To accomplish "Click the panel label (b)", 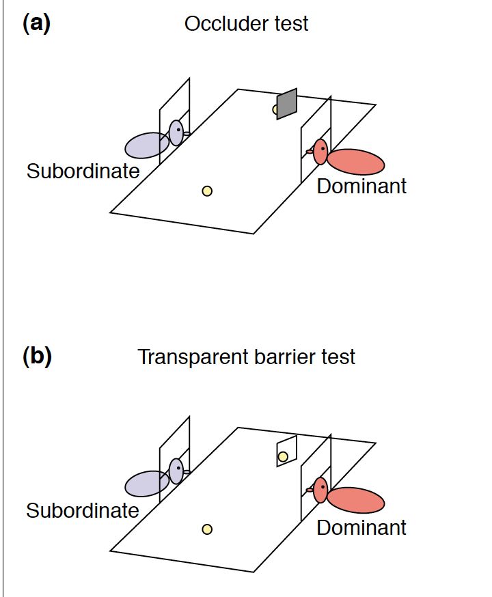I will (x=37, y=357).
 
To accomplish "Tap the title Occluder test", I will (x=246, y=24).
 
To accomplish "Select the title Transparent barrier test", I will (x=246, y=357).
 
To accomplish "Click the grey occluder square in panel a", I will (x=286, y=103).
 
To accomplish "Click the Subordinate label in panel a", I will (x=83, y=171).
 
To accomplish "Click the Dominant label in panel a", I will (x=361, y=186).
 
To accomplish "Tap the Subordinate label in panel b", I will (x=83, y=510).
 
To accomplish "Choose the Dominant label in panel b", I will (x=361, y=527).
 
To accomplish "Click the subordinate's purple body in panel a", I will (x=146, y=145).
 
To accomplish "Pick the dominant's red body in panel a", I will (x=355, y=162).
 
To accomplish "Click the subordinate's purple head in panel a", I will (x=176, y=132).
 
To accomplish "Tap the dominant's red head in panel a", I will (x=320, y=151).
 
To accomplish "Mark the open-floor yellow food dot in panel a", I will (x=207, y=191).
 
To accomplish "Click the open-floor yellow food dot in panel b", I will (x=207, y=529).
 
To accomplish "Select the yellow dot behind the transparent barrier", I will (x=283, y=456).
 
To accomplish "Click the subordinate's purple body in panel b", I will (x=146, y=484).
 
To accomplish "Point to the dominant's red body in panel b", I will (x=355, y=500).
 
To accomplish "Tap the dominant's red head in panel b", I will (x=320, y=490).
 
